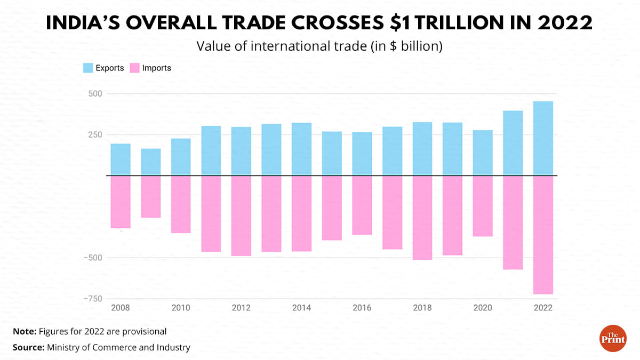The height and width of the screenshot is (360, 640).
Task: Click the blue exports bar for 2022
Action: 543,138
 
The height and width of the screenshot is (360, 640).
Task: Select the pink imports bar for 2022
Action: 543,235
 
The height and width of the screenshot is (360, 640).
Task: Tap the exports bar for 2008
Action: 121,159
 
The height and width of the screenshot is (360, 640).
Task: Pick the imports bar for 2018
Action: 422,218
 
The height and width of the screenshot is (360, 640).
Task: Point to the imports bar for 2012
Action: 241,215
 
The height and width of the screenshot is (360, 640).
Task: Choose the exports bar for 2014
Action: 301,149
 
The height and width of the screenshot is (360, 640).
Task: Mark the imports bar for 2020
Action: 483,206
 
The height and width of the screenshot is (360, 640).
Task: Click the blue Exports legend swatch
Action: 88,68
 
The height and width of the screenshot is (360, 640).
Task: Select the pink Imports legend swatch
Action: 134,68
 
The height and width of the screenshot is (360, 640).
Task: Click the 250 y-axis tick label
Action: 94,134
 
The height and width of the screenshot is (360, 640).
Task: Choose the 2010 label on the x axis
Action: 181,308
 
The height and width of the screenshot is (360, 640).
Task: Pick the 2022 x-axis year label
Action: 543,308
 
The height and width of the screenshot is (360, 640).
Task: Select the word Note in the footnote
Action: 24,331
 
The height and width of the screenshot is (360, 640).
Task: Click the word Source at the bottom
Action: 28,347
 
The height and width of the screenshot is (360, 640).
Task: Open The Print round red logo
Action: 613,338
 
